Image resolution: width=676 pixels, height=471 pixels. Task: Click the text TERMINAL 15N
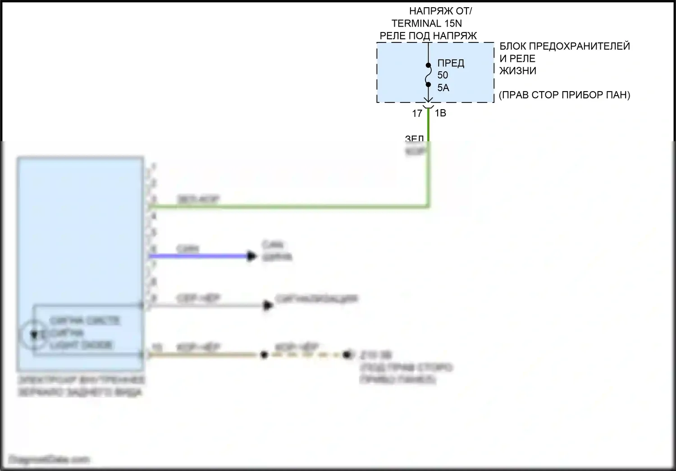426,23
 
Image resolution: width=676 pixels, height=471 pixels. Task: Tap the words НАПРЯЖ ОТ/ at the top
440,11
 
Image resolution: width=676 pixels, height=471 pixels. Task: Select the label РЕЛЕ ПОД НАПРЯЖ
428,36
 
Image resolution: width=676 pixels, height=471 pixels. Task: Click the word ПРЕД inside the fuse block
451,63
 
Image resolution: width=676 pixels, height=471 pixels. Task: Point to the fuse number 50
443,75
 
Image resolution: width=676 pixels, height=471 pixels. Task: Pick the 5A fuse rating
443,88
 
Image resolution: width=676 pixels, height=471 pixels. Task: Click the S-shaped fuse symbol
428,75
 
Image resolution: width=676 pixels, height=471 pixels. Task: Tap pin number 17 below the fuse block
417,114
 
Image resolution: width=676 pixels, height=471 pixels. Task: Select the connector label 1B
440,113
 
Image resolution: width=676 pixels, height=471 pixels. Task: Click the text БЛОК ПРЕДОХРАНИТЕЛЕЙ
564,46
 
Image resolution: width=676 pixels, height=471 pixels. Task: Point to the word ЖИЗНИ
518,71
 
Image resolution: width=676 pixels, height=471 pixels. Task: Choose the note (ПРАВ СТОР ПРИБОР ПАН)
564,95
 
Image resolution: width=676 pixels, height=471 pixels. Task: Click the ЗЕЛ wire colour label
414,139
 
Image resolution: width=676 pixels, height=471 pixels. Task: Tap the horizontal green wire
288,207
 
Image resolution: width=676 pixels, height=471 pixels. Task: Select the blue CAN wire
198,256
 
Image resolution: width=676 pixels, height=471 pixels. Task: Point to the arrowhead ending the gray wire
268,305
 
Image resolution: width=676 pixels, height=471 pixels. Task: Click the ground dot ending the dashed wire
347,355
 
